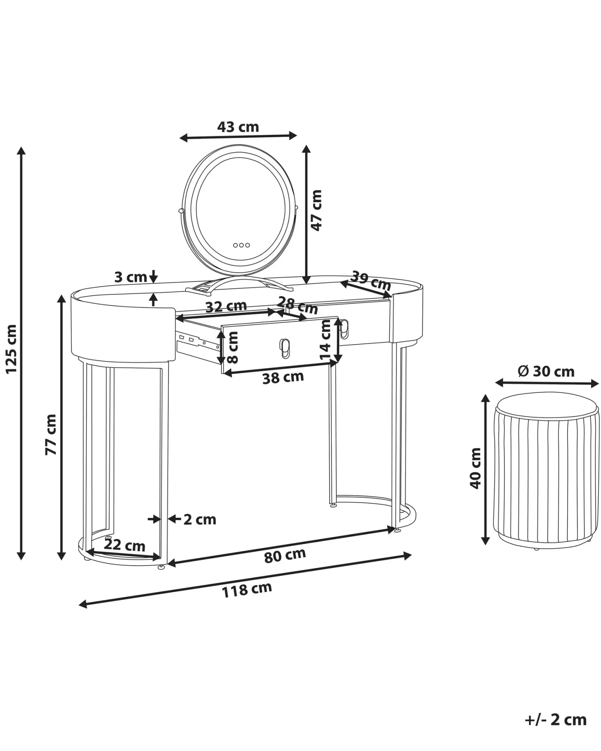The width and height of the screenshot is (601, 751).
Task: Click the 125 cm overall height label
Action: [x=11, y=349]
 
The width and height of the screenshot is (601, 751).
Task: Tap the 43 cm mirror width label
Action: [x=238, y=127]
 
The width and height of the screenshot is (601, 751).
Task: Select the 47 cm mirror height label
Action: [x=316, y=210]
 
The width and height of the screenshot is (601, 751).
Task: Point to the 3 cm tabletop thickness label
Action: [x=130, y=277]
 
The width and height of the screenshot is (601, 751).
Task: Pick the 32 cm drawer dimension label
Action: [x=226, y=306]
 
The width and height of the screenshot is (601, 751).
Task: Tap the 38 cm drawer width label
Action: [x=283, y=377]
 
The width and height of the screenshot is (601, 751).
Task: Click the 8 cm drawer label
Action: [x=233, y=348]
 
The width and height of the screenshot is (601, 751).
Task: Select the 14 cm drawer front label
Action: [x=326, y=340]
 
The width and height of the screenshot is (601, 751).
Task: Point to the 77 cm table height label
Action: [x=51, y=434]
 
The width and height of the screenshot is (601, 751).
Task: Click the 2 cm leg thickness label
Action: [x=200, y=519]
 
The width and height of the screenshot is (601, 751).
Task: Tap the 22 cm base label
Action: [x=124, y=545]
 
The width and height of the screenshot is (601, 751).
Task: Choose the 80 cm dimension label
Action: [x=285, y=555]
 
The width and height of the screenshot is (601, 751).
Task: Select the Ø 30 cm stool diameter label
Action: [x=546, y=371]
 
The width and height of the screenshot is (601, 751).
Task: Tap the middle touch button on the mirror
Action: [x=241, y=245]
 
